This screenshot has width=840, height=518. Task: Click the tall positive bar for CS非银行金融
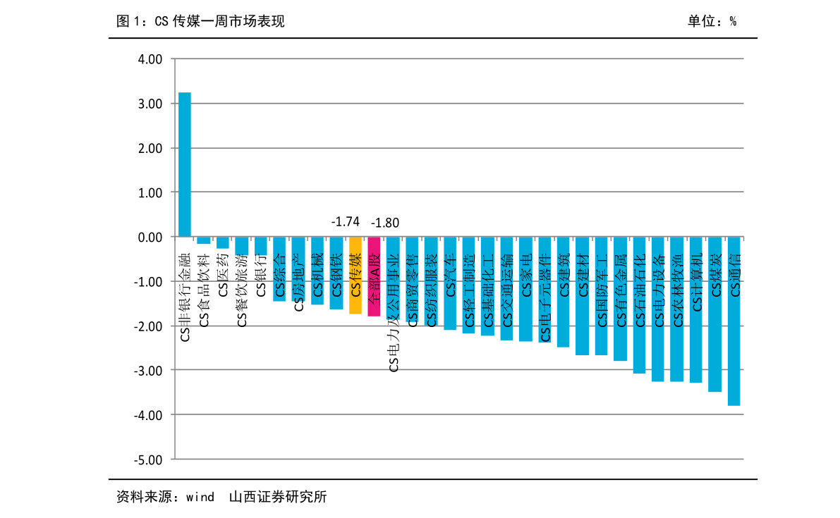point(184,164)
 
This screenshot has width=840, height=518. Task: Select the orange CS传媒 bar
point(355,275)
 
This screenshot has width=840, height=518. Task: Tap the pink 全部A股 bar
point(374,276)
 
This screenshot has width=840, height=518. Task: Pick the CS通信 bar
point(734,321)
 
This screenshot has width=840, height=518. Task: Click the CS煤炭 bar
point(714,314)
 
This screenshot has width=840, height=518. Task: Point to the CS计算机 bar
point(696,309)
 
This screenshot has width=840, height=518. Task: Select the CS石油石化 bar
point(639,305)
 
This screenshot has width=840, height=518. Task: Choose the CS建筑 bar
point(563,292)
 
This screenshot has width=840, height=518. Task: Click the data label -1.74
point(346,221)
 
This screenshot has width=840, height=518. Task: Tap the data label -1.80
point(384,223)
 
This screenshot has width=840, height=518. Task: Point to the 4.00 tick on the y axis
point(150,59)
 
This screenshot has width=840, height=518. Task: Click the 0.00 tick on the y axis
point(150,237)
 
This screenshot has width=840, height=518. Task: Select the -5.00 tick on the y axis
point(148,460)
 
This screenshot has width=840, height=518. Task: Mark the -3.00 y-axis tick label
point(148,370)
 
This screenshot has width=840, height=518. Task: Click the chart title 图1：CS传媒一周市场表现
point(200,21)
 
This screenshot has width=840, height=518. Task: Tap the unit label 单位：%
point(712,21)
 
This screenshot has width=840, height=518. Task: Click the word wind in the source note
point(200,497)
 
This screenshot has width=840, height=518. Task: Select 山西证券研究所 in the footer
point(278,497)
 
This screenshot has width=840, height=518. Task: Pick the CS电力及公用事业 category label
point(394,313)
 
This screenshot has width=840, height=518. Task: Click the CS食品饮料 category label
point(204,290)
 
